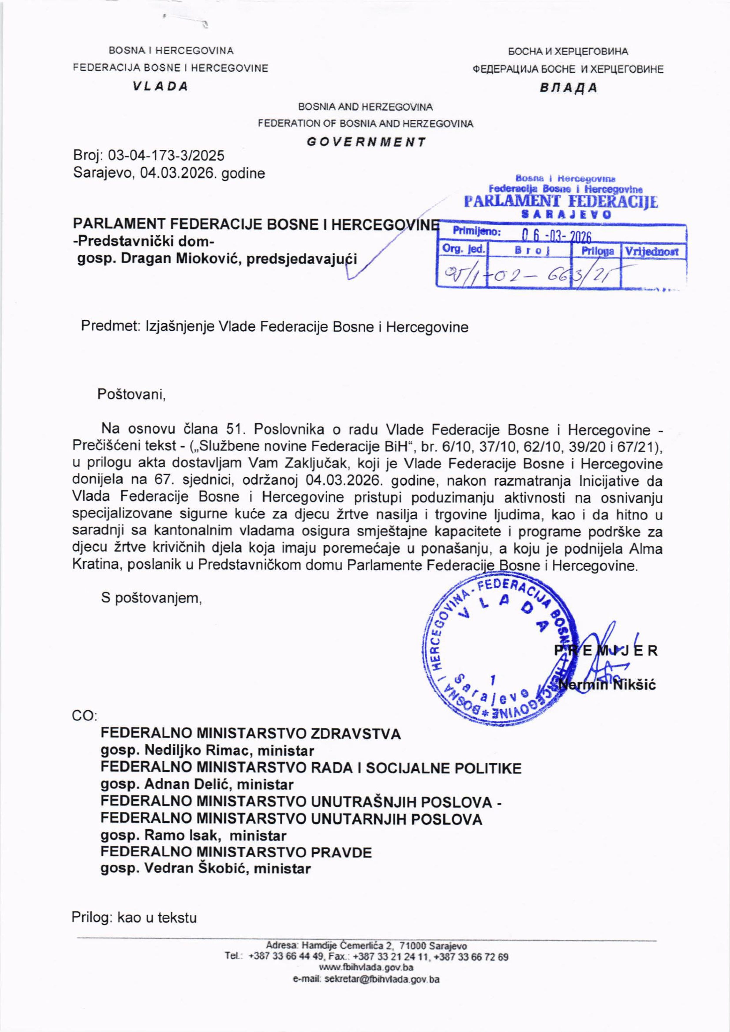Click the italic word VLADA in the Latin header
tap(160, 87)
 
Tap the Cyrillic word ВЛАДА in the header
tap(568, 88)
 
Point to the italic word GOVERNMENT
tap(366, 142)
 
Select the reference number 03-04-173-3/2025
tap(166, 156)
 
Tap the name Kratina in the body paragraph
tap(96, 565)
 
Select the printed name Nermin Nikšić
tap(607, 685)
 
